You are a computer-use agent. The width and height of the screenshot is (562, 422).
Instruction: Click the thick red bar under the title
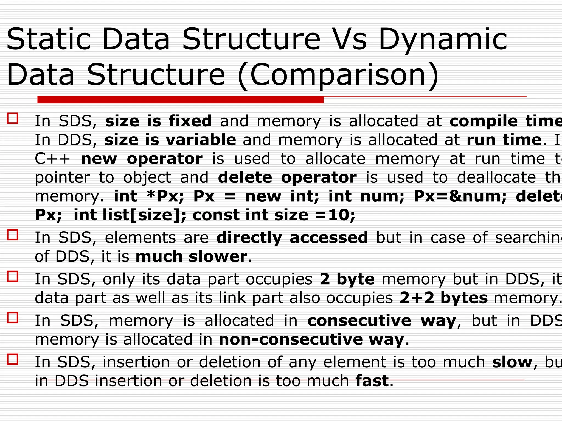(180, 100)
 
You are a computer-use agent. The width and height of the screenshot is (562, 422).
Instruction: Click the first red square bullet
(13, 118)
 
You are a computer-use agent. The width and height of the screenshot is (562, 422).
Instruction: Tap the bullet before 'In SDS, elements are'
(13, 235)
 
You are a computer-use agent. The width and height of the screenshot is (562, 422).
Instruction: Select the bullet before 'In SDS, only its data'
(13, 276)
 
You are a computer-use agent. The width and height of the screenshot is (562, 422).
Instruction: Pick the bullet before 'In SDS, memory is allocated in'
(13, 318)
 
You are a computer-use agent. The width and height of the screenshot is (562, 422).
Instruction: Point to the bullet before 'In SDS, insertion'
(13, 359)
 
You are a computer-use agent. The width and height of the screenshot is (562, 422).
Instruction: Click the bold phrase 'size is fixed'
(158, 121)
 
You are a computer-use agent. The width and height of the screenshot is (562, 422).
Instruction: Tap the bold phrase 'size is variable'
(170, 140)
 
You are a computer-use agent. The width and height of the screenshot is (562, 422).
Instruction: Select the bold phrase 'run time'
(504, 140)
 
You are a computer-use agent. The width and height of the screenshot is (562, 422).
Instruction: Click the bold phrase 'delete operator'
(287, 177)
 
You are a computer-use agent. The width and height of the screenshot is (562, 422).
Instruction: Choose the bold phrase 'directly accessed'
(292, 238)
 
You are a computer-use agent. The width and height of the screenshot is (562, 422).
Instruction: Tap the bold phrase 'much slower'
(191, 257)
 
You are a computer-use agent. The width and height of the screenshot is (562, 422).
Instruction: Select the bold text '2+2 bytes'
(443, 298)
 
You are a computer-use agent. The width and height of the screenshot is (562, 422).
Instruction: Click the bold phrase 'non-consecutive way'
(311, 339)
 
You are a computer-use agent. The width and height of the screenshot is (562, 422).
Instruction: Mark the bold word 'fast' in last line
(372, 381)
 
